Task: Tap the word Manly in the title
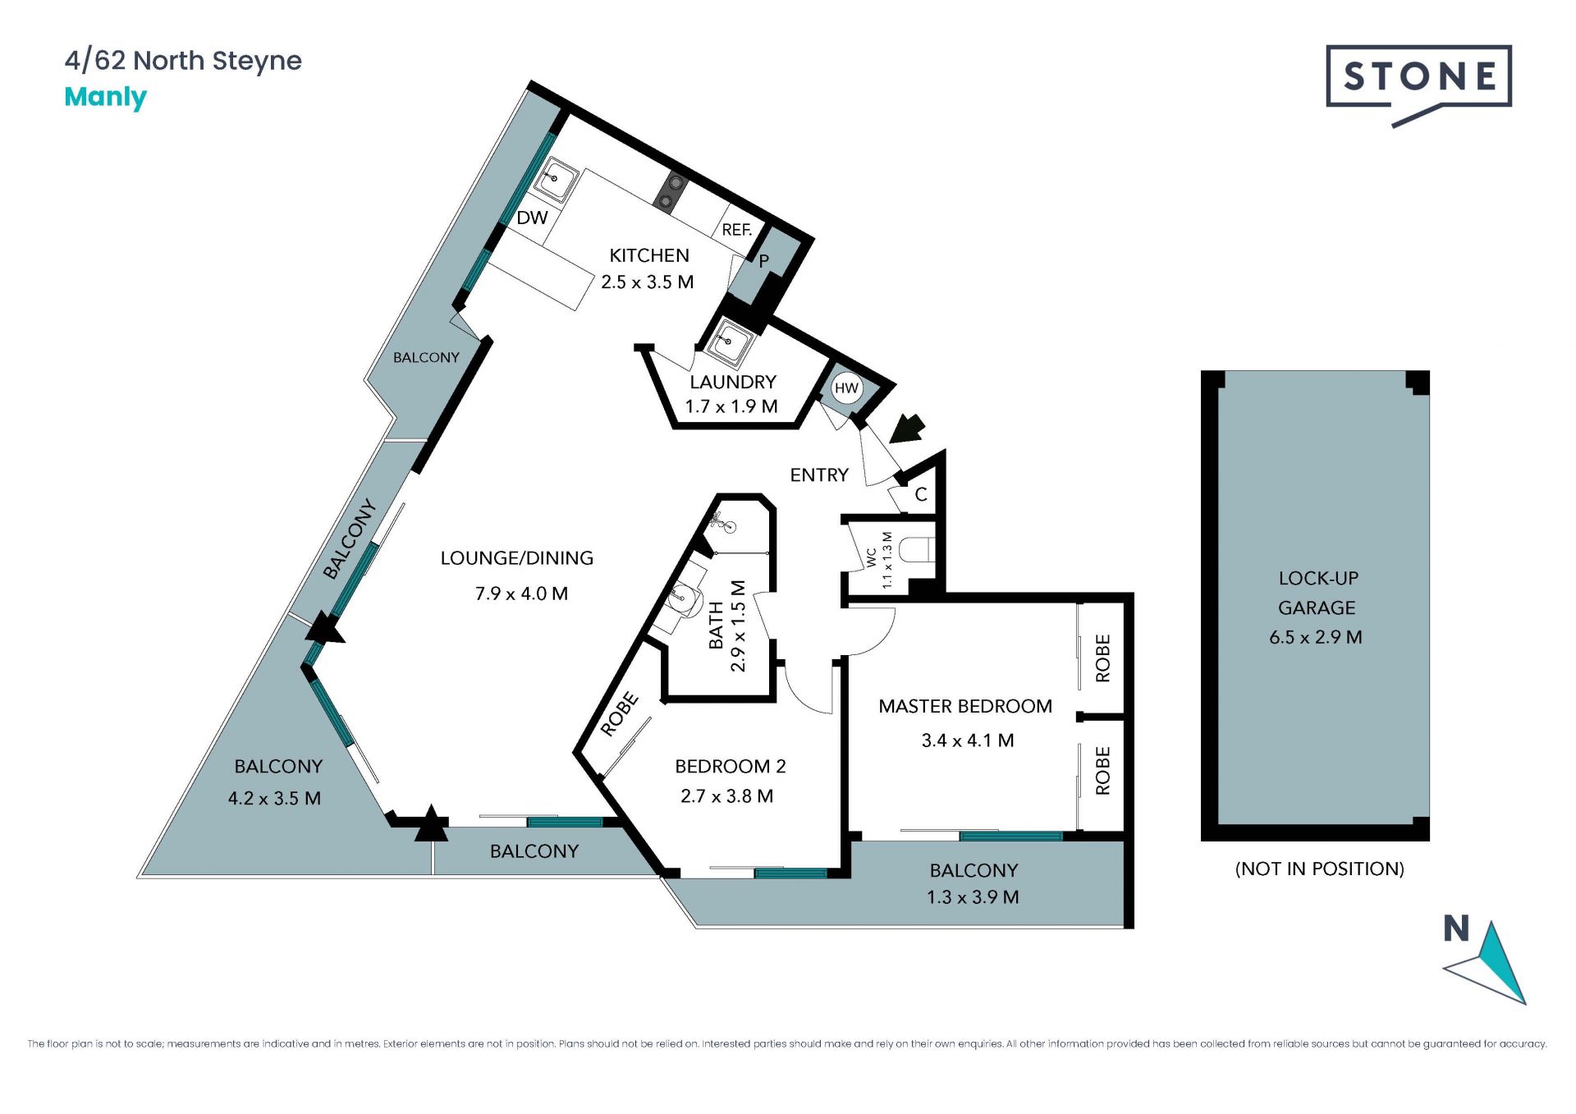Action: click(x=105, y=97)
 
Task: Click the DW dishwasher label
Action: click(x=532, y=218)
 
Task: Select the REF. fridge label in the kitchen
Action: click(x=736, y=230)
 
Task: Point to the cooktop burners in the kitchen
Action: click(x=672, y=192)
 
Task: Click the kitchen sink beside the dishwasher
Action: click(x=556, y=178)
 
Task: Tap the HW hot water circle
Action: click(x=846, y=388)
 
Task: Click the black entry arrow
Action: click(x=907, y=428)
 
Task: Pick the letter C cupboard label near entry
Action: click(x=921, y=494)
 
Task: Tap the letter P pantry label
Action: click(x=763, y=261)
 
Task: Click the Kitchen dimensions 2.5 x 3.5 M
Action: click(x=647, y=282)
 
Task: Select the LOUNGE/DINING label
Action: click(x=517, y=558)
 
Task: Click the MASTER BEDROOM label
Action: click(x=965, y=706)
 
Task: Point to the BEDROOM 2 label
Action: click(x=731, y=766)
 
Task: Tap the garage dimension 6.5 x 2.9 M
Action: click(x=1316, y=637)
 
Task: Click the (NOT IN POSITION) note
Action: click(x=1320, y=869)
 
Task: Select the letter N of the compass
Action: click(x=1456, y=928)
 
